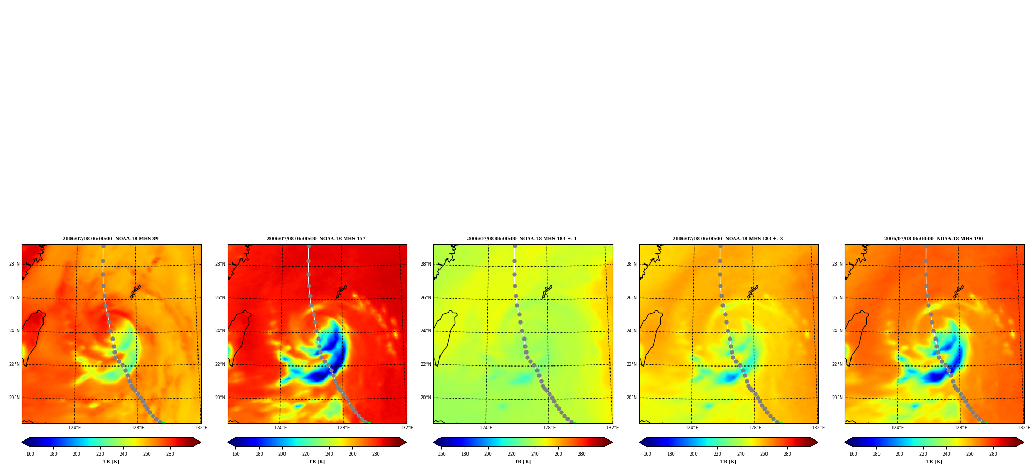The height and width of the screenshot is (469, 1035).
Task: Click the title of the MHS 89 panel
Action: [110, 239]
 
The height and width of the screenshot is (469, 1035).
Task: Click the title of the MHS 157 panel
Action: [316, 239]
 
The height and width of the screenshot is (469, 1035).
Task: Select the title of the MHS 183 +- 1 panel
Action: [522, 239]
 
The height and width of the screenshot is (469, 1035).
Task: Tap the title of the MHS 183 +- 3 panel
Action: [728, 239]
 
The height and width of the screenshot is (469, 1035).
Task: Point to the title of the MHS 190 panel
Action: [933, 239]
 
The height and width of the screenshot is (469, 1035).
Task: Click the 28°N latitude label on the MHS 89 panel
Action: [15, 264]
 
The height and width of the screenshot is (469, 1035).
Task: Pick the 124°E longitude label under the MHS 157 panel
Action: [280, 428]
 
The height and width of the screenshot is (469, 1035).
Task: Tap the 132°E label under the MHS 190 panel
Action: [1024, 428]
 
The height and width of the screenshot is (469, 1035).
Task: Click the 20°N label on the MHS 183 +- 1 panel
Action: [426, 398]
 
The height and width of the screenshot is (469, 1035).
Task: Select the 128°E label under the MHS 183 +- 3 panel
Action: [755, 428]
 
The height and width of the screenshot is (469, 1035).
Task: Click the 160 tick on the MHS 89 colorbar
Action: [30, 454]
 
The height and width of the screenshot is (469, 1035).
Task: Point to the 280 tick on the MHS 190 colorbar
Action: [993, 454]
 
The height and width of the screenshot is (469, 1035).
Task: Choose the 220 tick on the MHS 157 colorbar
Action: [306, 454]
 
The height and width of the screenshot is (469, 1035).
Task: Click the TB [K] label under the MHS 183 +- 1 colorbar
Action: [522, 462]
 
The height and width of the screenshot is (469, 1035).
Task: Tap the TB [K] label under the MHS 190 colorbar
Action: [934, 462]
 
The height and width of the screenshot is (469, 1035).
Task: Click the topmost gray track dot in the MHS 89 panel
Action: [103, 246]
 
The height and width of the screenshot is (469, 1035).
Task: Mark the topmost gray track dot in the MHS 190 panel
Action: [926, 246]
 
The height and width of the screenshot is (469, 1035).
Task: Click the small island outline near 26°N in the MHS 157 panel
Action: [341, 291]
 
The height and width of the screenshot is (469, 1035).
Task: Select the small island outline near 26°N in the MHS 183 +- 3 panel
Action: [753, 291]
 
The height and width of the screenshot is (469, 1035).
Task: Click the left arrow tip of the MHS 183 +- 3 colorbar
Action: [639, 442]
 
